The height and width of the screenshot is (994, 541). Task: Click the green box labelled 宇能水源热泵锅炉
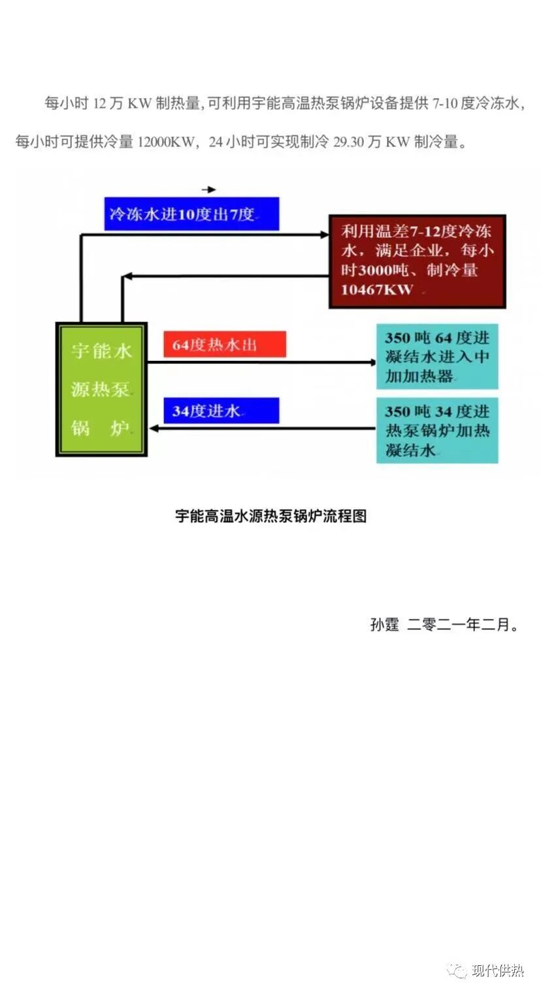click(x=101, y=389)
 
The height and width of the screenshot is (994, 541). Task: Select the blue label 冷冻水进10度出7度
click(x=191, y=214)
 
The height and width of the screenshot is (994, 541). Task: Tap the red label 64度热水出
click(x=224, y=344)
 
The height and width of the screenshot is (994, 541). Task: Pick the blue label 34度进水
click(x=221, y=410)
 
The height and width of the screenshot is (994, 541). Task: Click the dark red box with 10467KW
click(x=417, y=261)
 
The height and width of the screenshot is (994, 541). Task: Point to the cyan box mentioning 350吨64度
click(x=437, y=357)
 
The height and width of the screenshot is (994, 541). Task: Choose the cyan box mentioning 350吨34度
click(x=437, y=431)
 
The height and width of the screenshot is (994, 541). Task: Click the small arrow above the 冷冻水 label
click(x=209, y=190)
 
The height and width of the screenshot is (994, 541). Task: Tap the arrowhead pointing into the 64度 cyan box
click(x=372, y=361)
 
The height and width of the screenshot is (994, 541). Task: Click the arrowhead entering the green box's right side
click(x=154, y=429)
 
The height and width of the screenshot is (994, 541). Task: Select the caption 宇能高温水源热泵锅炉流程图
click(x=271, y=516)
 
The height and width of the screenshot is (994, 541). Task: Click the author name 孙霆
click(x=384, y=625)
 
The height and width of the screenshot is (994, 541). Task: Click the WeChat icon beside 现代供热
click(x=457, y=971)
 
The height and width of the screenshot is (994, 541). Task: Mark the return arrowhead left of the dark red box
click(x=128, y=276)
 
